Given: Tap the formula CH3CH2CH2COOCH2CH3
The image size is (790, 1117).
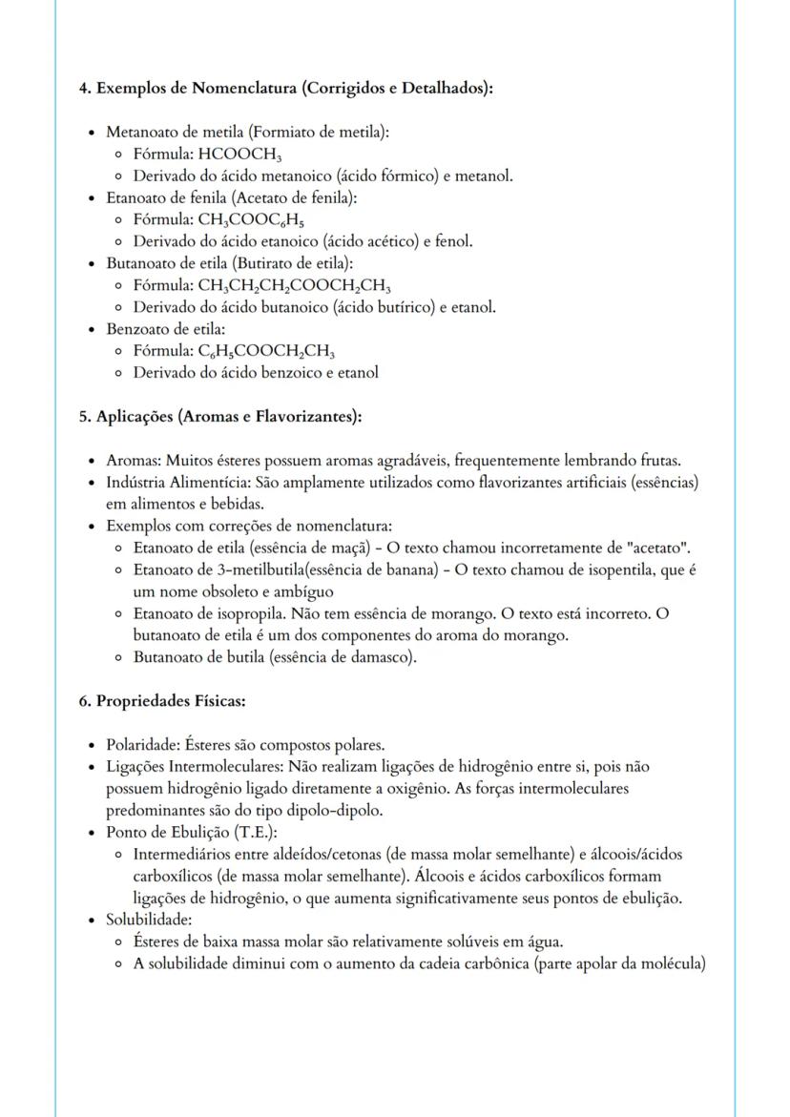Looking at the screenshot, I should pyautogui.click(x=294, y=285).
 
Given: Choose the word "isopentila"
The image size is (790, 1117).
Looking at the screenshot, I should pyautogui.click(x=626, y=569).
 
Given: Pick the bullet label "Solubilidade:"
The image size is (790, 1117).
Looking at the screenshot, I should pyautogui.click(x=149, y=920).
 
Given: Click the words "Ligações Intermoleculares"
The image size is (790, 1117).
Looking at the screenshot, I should pyautogui.click(x=197, y=767).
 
